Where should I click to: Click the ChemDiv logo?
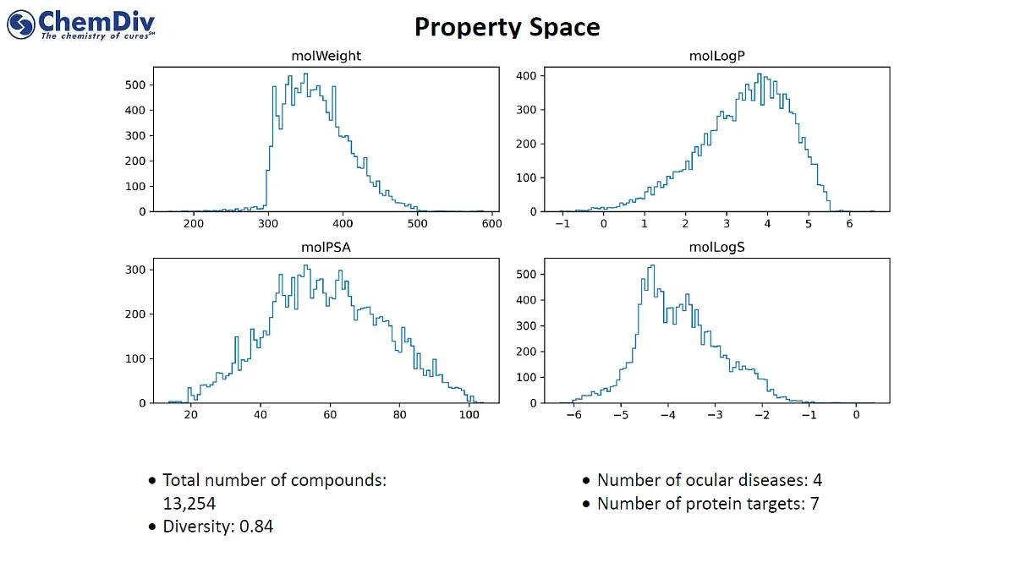click(81, 24)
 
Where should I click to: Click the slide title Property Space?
click(507, 27)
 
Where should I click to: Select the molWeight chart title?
click(326, 57)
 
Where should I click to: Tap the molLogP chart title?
click(716, 57)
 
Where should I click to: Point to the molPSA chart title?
click(326, 248)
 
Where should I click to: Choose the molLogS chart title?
click(716, 248)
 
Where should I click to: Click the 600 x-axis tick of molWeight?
click(491, 224)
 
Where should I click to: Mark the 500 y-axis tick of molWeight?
click(134, 85)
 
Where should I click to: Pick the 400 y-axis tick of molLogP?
click(525, 75)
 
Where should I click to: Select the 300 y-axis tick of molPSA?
click(134, 270)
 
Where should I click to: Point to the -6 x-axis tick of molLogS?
click(573, 416)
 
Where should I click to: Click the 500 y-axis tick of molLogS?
click(525, 274)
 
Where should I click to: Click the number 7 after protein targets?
click(814, 504)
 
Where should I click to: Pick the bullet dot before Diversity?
click(152, 527)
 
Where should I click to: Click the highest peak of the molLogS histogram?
click(651, 266)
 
